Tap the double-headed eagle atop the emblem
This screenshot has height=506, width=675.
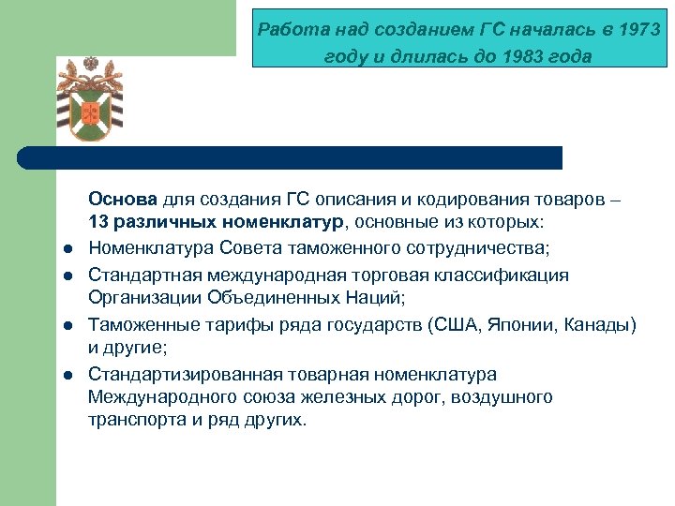91,65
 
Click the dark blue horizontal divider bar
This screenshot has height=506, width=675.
291,157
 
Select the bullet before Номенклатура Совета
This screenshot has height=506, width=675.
68,248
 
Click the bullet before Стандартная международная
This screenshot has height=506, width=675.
68,275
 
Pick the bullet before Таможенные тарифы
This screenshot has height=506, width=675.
68,325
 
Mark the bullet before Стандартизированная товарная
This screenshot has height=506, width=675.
68,375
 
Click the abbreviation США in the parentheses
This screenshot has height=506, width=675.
454,324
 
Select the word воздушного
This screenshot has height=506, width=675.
502,397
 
